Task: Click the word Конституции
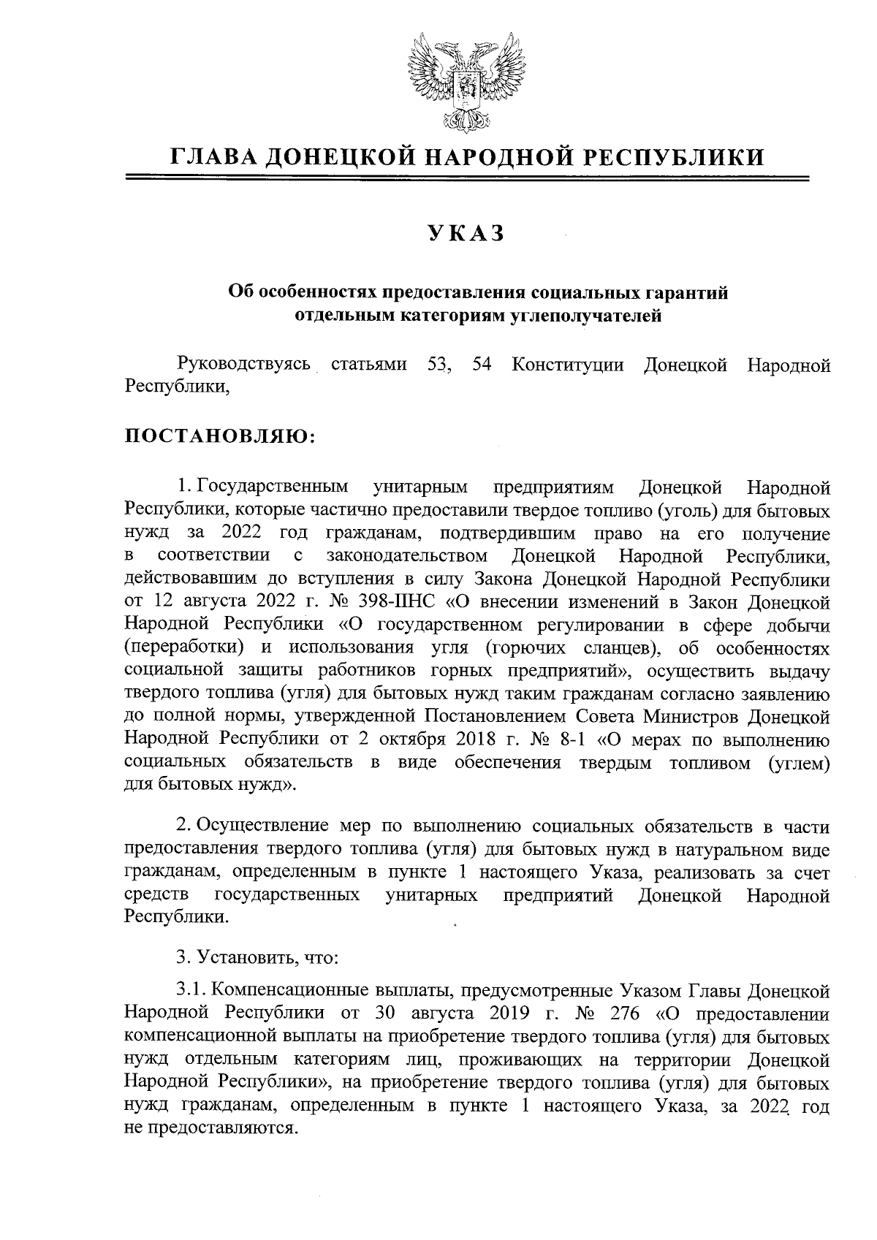[568, 365]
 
